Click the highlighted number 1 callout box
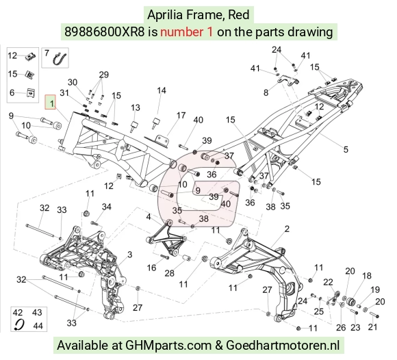coord(50,102)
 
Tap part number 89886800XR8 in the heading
coord(104,32)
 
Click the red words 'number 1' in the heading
coord(187,32)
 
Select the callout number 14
coord(162,90)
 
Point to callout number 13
coord(136,107)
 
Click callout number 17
coord(181,116)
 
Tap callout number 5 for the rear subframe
coord(346,149)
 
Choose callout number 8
coord(266,92)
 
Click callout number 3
coord(130,255)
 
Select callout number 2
coord(287,229)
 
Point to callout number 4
coord(149,217)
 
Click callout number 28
coord(169,273)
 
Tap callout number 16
coord(151,268)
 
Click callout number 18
coord(367,276)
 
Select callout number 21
coord(372,327)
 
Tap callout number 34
coord(107,207)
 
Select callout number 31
coord(64,93)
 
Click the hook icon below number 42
coord(19,324)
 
